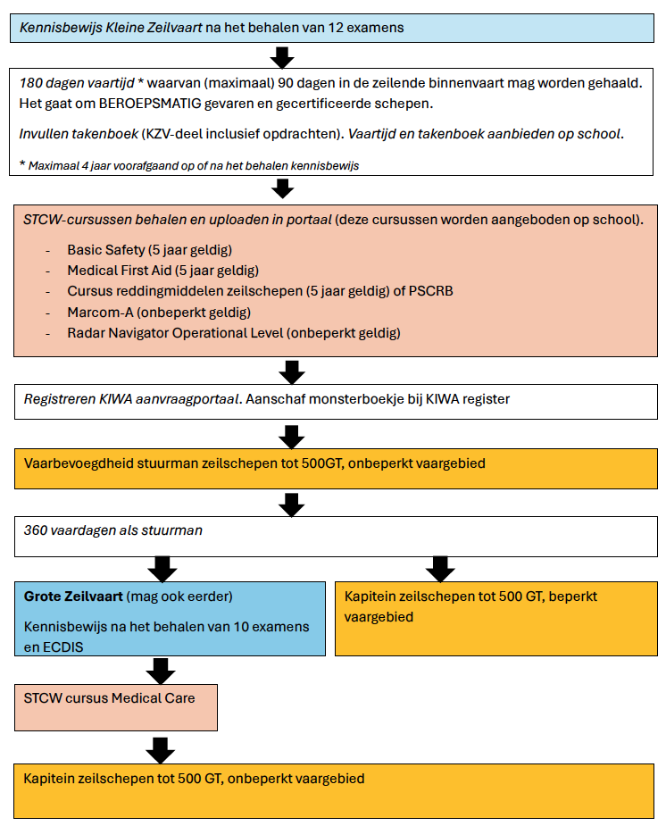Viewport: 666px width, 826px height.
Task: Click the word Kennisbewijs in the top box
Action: [x=61, y=28]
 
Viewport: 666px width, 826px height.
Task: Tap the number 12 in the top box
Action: [x=336, y=28]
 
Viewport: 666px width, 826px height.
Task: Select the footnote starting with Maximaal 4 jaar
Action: [x=189, y=165]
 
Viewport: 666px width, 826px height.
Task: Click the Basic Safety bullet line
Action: [x=149, y=250]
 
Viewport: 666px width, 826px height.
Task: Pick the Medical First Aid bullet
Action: [x=162, y=271]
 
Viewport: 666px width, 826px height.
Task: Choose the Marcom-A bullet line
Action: [x=159, y=313]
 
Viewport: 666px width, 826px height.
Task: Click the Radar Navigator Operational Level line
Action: [x=234, y=333]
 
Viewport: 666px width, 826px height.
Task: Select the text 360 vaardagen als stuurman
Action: [x=113, y=530]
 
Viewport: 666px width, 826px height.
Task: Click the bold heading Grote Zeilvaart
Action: [x=73, y=597]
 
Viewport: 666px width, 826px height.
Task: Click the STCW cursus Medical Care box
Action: [x=116, y=707]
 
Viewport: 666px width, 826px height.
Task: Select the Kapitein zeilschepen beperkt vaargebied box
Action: [x=496, y=619]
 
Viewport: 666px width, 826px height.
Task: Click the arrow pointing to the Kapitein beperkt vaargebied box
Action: [x=440, y=569]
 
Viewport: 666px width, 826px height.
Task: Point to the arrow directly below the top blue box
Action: [x=282, y=57]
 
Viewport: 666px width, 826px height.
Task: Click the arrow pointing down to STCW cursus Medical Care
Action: [x=161, y=671]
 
